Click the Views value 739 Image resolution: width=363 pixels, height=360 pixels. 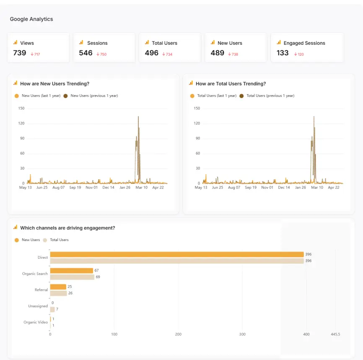pos(20,53)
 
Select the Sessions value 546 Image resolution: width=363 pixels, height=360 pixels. pos(86,53)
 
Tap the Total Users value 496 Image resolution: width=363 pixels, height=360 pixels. pos(151,53)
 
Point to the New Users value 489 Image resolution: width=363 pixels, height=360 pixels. pos(217,53)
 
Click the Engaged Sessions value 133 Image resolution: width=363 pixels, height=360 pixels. pos(283,53)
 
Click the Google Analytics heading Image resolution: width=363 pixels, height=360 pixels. pos(31,19)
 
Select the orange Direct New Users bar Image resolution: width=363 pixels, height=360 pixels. pos(176,255)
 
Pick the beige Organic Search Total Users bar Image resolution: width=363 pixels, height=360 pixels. pos(72,277)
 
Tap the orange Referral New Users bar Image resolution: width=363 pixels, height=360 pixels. pos(58,287)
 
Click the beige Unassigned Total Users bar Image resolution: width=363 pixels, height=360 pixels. pos(52,309)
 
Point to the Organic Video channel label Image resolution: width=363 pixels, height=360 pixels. pos(36,322)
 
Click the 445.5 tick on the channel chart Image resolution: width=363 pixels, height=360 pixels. pos(335,334)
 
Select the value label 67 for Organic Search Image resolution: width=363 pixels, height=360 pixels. pos(96,270)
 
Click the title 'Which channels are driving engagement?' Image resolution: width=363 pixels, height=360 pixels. pos(67,228)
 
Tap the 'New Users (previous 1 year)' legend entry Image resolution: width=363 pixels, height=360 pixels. pos(94,96)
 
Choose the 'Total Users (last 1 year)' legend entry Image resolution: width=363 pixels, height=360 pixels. pos(217,96)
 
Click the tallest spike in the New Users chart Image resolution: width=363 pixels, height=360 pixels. pos(138,117)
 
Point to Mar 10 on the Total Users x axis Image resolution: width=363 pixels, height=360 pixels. pos(317,188)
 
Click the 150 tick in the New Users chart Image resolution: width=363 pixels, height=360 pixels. pos(21,108)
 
